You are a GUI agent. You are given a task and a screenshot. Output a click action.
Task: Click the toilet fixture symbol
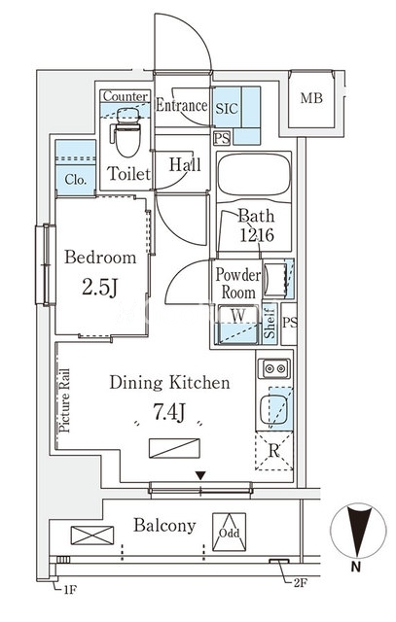click(x=127, y=132)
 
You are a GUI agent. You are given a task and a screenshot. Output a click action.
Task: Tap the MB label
click(x=311, y=97)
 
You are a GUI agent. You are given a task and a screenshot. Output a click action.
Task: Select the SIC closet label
click(x=227, y=108)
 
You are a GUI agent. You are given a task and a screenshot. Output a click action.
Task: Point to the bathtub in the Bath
click(x=254, y=175)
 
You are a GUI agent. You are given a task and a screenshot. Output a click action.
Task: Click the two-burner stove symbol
click(x=274, y=368)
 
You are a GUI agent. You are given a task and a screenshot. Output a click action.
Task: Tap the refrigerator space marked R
click(x=274, y=451)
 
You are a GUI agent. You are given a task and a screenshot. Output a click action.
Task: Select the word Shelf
click(x=270, y=322)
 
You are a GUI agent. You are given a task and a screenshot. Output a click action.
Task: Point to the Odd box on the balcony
click(x=229, y=533)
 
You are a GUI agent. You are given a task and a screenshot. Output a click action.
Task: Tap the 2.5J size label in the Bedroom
click(x=99, y=287)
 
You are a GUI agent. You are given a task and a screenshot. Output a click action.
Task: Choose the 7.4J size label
click(x=169, y=412)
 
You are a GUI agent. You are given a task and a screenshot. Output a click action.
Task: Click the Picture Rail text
click(x=64, y=400)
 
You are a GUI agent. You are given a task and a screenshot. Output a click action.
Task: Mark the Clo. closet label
click(x=76, y=180)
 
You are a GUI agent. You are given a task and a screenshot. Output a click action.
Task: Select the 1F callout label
click(x=69, y=590)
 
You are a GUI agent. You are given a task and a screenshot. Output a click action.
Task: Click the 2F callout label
click(x=301, y=583)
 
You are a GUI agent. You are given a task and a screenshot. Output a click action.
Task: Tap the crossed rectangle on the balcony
click(x=92, y=536)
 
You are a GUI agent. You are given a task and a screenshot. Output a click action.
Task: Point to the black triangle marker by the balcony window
click(x=200, y=475)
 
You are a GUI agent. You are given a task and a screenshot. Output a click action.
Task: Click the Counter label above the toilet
click(x=126, y=96)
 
